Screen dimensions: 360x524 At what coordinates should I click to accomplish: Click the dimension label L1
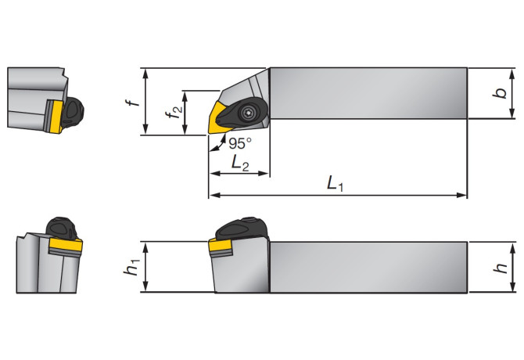(x=336, y=185)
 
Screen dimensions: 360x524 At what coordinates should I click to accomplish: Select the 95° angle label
(x=240, y=143)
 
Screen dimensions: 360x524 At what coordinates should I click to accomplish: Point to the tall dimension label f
(x=133, y=102)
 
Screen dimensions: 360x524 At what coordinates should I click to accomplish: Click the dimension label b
(x=497, y=94)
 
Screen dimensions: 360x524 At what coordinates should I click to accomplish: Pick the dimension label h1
(x=132, y=267)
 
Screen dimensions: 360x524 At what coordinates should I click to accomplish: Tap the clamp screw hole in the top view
(x=249, y=113)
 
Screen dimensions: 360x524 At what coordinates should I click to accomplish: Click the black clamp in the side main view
(x=241, y=229)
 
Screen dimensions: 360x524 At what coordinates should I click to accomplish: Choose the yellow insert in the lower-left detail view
(x=64, y=247)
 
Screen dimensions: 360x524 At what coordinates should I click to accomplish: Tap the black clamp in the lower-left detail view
(x=63, y=229)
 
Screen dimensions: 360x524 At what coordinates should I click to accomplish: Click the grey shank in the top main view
(x=368, y=94)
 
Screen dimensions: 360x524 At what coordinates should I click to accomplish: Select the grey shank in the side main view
(x=368, y=267)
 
